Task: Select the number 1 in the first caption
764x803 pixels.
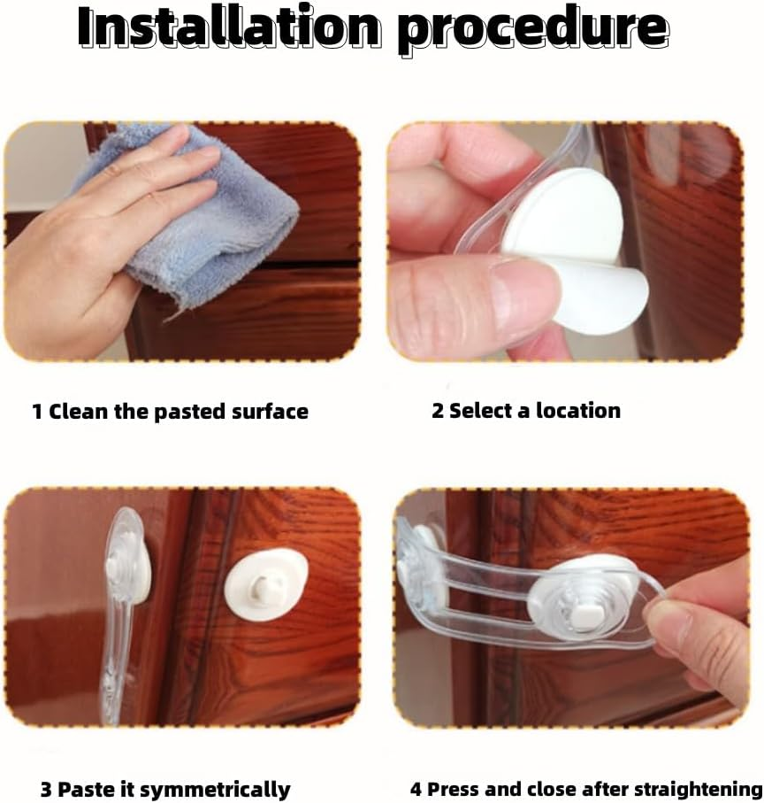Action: (37, 412)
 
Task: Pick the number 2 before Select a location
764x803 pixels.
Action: (437, 411)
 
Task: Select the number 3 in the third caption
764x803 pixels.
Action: (46, 789)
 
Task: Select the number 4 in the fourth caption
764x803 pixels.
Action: (416, 789)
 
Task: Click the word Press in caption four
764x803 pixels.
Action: (452, 789)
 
